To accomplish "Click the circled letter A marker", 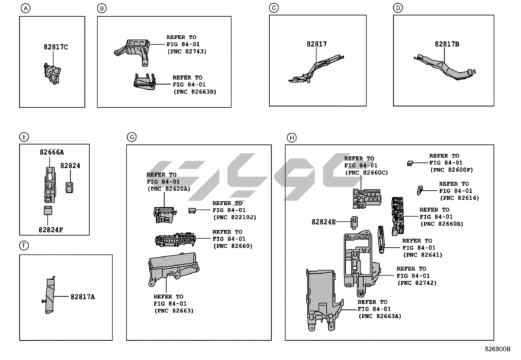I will [x=25, y=8].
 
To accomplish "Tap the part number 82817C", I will [x=56, y=47].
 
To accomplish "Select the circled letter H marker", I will [x=291, y=138].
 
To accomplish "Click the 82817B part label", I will [x=447, y=44].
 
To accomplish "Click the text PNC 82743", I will [x=187, y=51].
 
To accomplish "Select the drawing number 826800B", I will [x=497, y=349].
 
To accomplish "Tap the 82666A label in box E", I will [x=52, y=152].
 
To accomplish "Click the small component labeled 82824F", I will [x=48, y=211].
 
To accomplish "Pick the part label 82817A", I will [x=82, y=297].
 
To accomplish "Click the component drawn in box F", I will [x=50, y=295].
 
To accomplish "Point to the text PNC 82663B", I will [x=194, y=92].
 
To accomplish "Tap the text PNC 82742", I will [x=417, y=283].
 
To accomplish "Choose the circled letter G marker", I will [x=132, y=137].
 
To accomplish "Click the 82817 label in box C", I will [x=316, y=44].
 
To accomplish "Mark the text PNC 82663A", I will [x=380, y=316].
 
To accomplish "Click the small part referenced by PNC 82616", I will [x=420, y=190].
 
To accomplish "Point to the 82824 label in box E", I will [x=70, y=166].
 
